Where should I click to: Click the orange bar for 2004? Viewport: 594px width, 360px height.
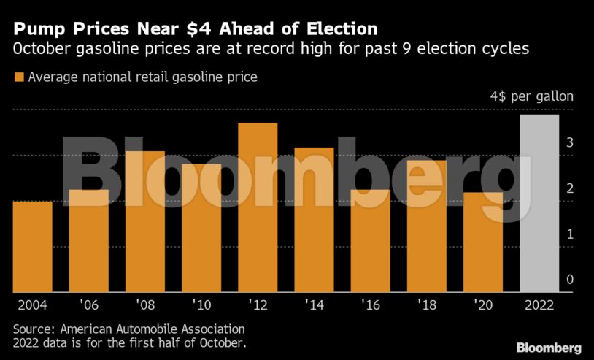click(x=32, y=247)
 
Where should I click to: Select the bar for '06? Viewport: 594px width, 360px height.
click(x=88, y=241)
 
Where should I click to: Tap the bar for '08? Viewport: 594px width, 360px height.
click(x=144, y=222)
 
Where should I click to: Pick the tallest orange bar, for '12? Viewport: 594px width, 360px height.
click(x=258, y=207)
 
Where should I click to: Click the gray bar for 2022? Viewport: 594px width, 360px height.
click(x=539, y=204)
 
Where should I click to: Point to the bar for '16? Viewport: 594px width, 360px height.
click(x=370, y=241)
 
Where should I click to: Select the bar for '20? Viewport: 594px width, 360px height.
click(x=482, y=242)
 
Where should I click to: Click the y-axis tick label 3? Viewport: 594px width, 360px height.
click(x=569, y=142)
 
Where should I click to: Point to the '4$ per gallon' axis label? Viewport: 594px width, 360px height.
click(x=531, y=97)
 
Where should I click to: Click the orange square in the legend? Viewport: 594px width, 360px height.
click(x=19, y=77)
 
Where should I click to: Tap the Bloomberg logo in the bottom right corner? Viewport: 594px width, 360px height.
click(x=548, y=348)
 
